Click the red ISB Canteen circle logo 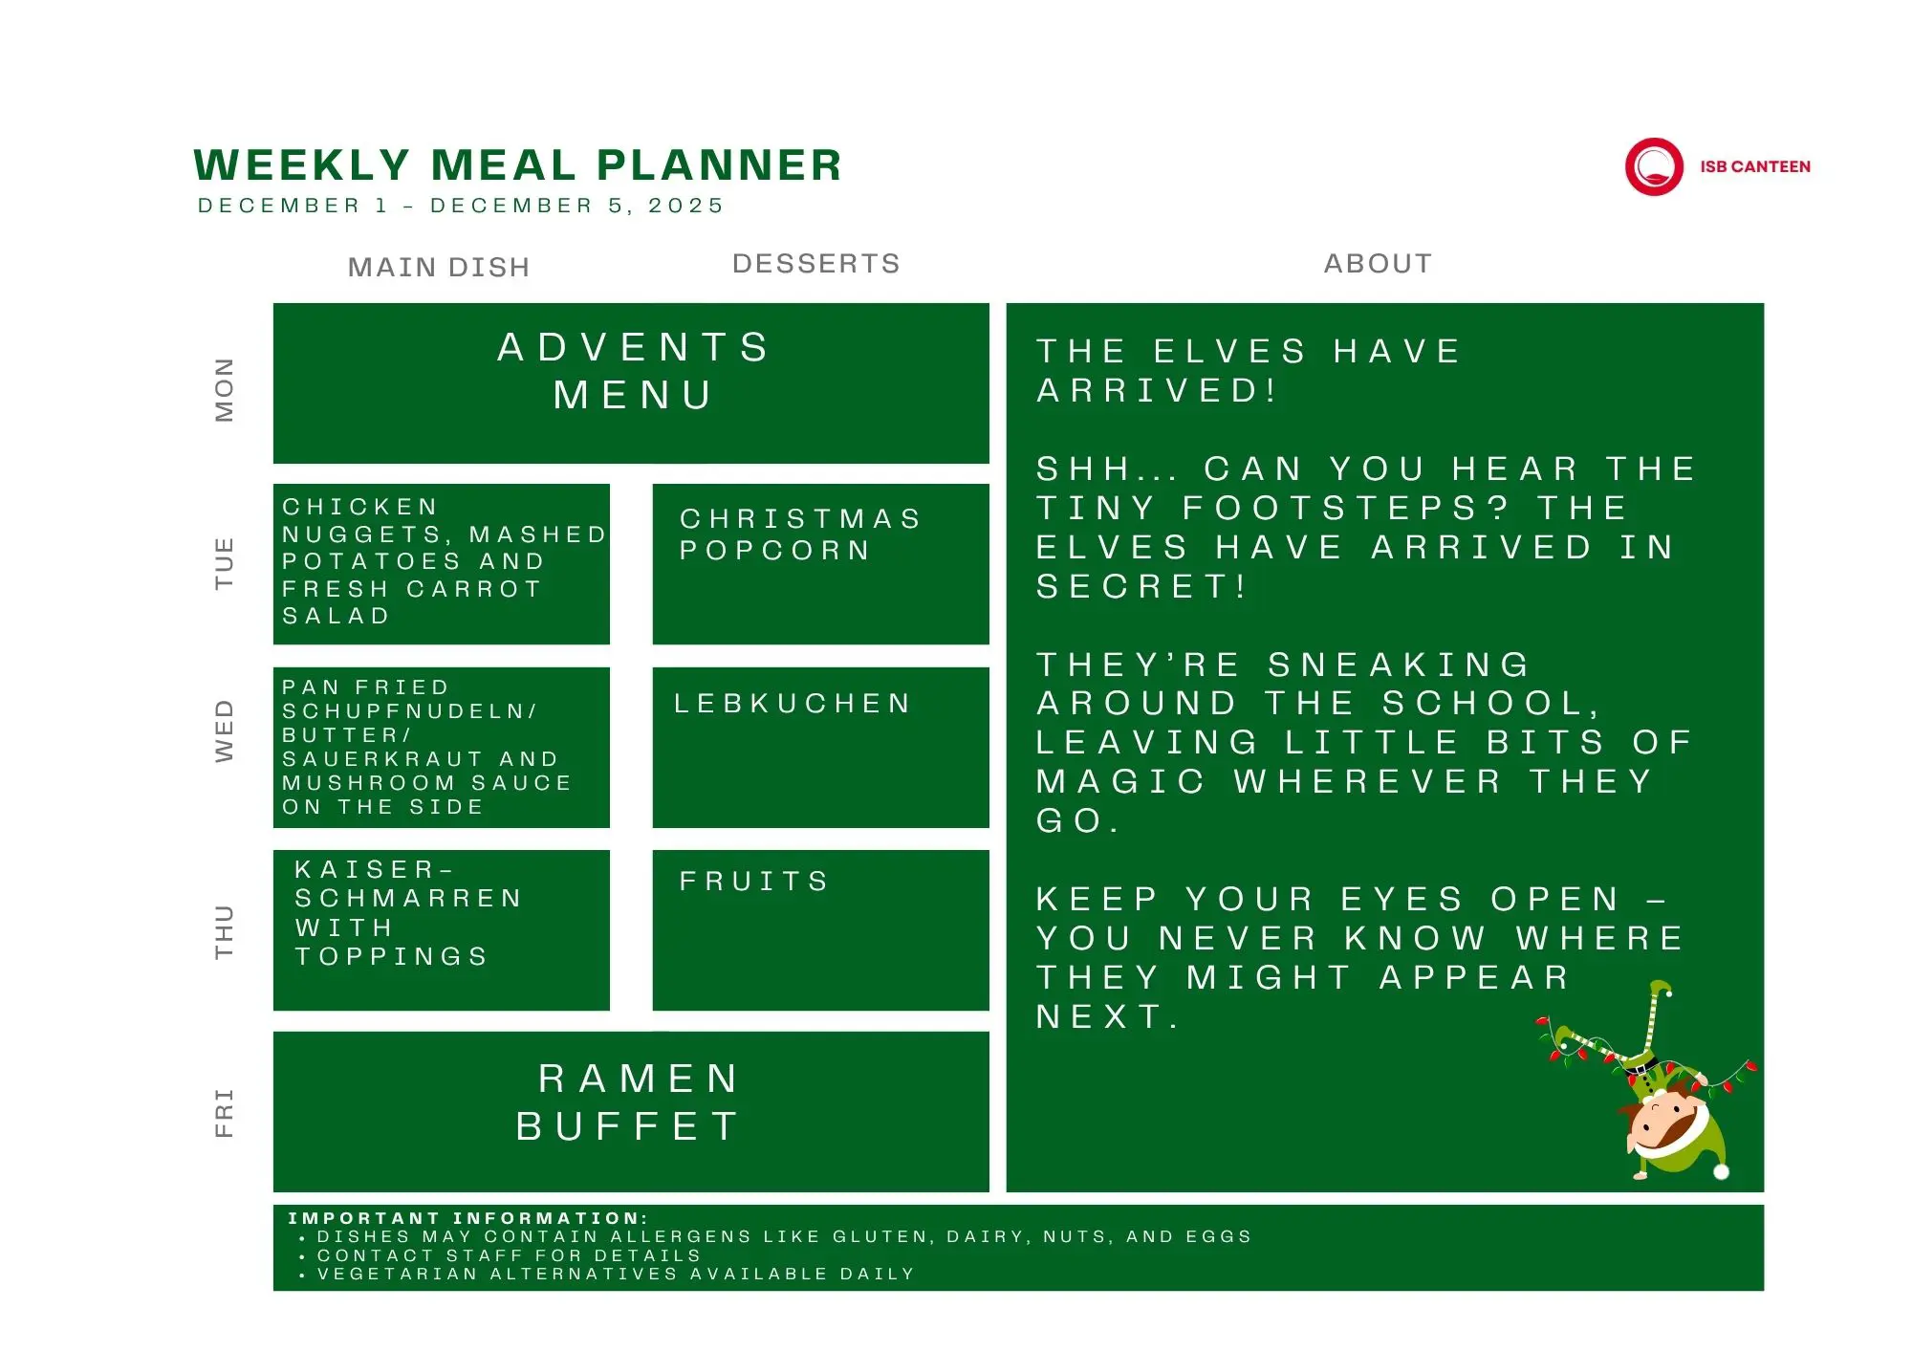1654,166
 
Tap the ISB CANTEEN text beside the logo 1755,166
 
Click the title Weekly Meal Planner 518,164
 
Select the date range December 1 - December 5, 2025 461,206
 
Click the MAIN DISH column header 439,267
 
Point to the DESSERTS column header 816,264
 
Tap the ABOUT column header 1379,264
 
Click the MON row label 224,390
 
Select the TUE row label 224,563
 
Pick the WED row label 224,731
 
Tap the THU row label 224,931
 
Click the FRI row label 224,1113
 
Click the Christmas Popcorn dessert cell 820,564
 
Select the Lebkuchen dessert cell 820,748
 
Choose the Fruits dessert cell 820,930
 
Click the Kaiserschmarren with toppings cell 442,930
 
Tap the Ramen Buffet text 628,1102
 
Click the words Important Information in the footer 467,1218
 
